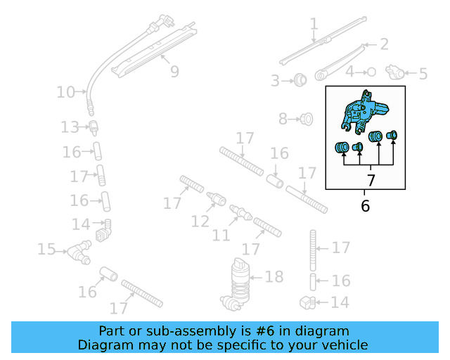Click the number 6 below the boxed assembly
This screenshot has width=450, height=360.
tap(365, 206)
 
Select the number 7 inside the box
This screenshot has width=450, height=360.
tap(371, 181)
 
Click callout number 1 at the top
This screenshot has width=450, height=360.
tap(314, 25)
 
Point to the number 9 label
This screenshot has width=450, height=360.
tap(174, 71)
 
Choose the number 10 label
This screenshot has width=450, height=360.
tap(65, 92)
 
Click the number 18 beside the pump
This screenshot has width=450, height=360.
tap(274, 277)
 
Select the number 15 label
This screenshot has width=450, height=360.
tap(46, 249)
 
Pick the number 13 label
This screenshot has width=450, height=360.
tap(69, 127)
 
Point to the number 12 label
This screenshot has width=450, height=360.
tap(200, 221)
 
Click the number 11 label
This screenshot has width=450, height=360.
tap(221, 234)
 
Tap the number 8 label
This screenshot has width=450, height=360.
tap(283, 120)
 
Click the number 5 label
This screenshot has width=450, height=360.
tap(423, 73)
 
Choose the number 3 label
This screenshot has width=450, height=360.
tap(275, 81)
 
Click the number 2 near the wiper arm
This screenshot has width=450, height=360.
tap(384, 45)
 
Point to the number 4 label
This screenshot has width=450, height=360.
tap(349, 72)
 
